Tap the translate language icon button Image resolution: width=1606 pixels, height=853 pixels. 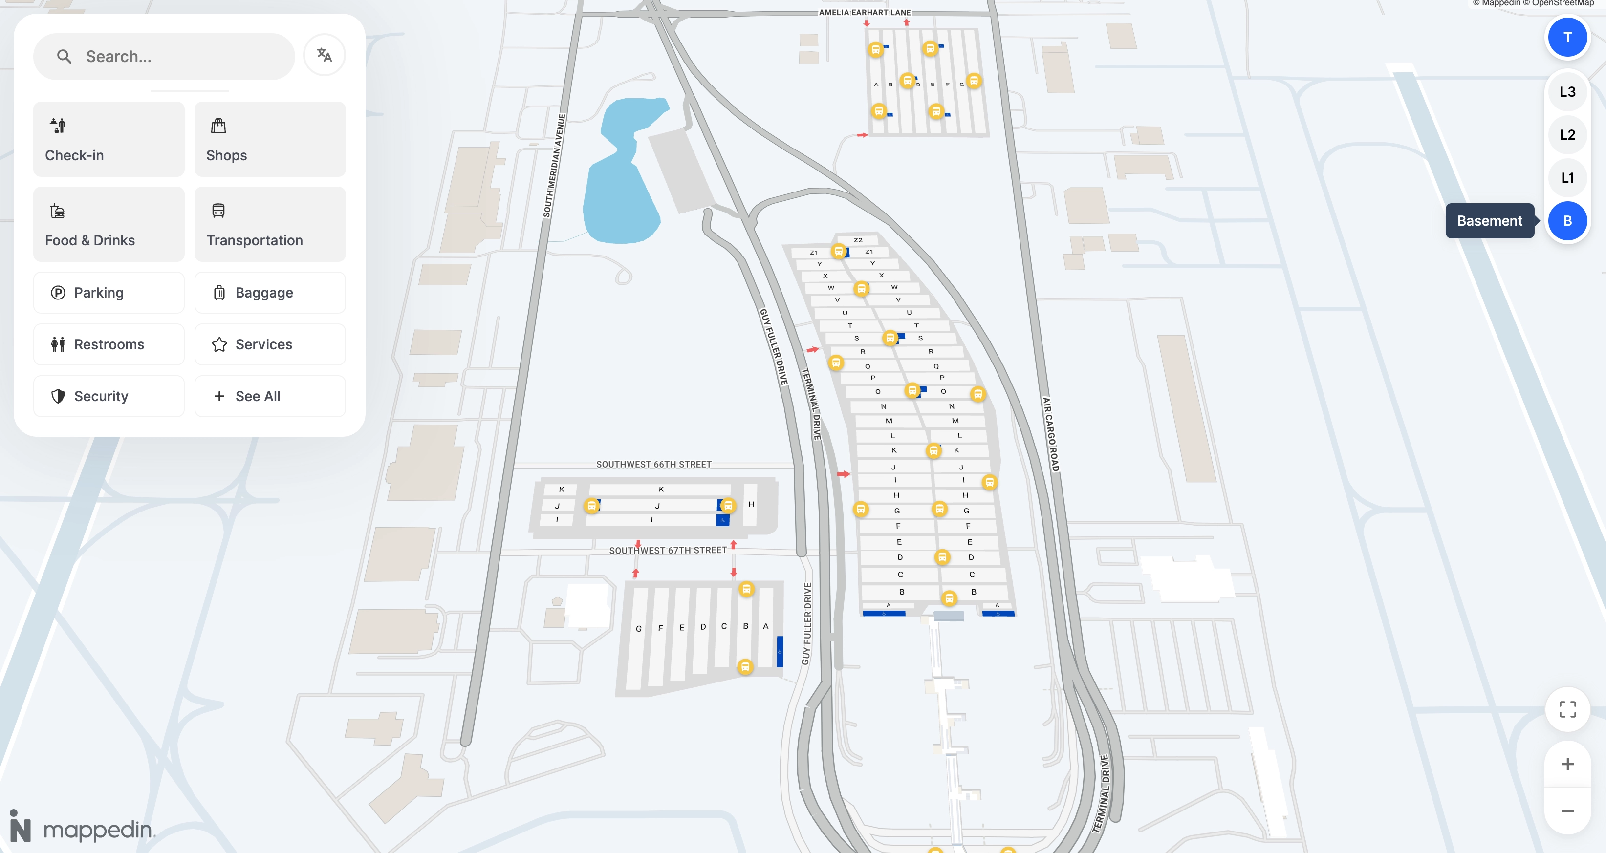coord(324,56)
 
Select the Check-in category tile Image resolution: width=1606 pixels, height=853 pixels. coord(109,139)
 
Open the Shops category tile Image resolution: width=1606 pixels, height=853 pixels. coord(269,139)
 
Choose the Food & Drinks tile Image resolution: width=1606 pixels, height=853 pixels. coord(109,224)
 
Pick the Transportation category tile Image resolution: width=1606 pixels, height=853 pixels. coord(269,224)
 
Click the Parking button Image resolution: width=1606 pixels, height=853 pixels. coord(109,293)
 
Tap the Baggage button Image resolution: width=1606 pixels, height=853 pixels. coord(269,293)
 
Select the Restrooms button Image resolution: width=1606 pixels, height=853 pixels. coord(109,344)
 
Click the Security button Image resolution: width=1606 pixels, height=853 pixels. coord(109,396)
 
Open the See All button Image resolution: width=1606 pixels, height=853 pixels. coord(269,396)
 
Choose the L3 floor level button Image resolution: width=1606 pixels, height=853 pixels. coord(1567,92)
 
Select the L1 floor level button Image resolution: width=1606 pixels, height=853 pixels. coord(1567,178)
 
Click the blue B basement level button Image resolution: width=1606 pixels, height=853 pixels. coord(1567,221)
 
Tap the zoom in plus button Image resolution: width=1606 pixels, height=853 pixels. coord(1567,765)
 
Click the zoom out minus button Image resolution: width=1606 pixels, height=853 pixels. coord(1567,811)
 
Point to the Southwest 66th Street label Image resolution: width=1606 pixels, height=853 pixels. coord(653,464)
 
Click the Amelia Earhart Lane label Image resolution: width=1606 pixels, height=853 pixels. coord(864,13)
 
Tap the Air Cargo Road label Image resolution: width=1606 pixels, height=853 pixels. coord(1050,434)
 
